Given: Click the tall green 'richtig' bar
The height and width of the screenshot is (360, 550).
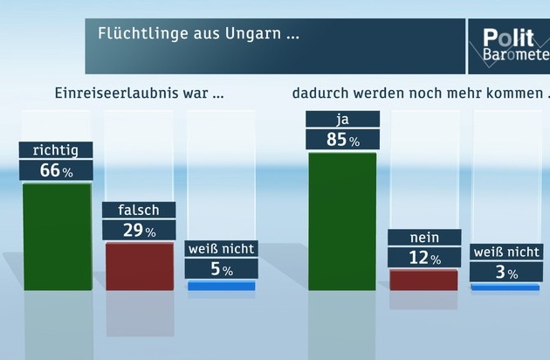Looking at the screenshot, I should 57,236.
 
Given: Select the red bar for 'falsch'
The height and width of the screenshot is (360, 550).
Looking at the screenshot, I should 140,266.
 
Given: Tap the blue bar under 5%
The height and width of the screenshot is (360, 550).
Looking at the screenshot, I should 222,286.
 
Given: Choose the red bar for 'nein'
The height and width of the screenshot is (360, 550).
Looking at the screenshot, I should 424,280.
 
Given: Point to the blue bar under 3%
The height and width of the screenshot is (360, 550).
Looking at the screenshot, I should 505,287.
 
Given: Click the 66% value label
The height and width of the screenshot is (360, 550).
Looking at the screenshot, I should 57,170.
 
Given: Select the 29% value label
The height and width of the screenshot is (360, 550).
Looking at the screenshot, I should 140,231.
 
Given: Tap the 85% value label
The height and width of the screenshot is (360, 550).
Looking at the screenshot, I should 342,139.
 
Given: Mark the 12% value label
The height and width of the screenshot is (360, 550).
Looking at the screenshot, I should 424,258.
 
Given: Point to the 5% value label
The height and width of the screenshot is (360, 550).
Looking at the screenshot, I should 222,270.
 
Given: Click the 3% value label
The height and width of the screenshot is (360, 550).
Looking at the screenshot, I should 505,273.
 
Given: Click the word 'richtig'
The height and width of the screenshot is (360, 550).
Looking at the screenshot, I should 55,150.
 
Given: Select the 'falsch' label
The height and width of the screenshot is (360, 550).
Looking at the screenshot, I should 139,211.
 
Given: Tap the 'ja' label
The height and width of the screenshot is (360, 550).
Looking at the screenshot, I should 342,119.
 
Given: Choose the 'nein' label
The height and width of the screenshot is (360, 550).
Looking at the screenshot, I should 424,238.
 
